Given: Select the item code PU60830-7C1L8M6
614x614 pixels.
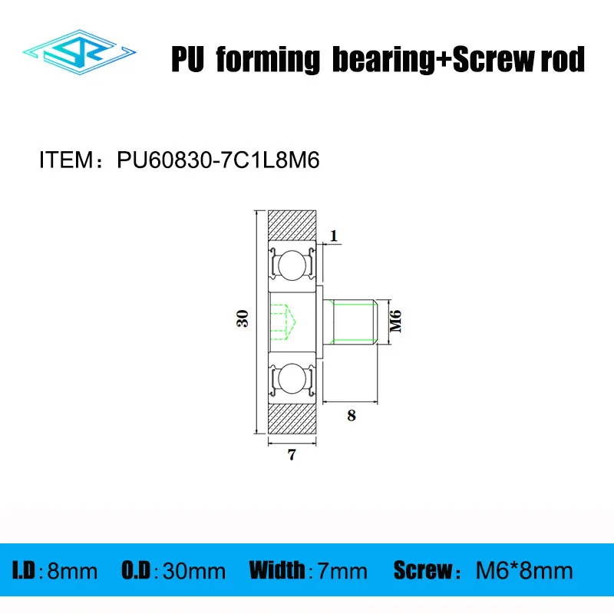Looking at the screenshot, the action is click(x=217, y=160).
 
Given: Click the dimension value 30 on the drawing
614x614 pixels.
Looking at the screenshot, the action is click(x=243, y=319).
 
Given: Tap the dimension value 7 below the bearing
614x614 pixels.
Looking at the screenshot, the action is click(x=292, y=455).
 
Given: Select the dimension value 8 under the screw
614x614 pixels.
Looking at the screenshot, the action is click(x=352, y=416).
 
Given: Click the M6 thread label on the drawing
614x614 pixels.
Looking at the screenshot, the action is click(x=396, y=319).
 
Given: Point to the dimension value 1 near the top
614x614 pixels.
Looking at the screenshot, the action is click(x=335, y=235).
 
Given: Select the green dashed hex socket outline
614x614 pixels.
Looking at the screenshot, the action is click(x=283, y=322).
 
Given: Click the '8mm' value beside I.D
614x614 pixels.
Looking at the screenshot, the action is click(x=73, y=570).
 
